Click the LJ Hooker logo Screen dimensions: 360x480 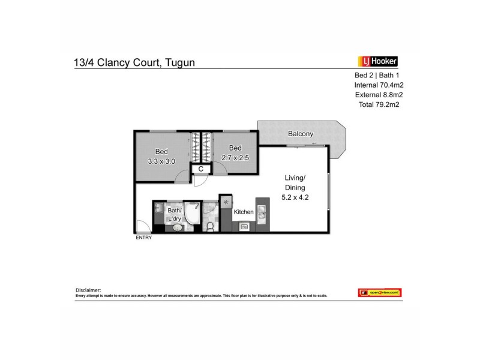[x=378, y=61]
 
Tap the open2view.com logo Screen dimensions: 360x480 [x=379, y=292]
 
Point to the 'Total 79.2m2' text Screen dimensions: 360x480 [x=378, y=104]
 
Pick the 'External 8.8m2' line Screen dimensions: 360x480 [x=378, y=94]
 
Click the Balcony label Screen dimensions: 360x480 [x=300, y=134]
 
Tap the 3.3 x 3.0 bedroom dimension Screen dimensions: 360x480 [x=161, y=161]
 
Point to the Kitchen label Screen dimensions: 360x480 [x=244, y=212]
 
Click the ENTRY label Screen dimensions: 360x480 [x=143, y=238]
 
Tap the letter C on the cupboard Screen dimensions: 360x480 [x=201, y=169]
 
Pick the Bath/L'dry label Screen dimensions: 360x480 [x=174, y=215]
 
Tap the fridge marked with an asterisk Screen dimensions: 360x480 [x=226, y=202]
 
